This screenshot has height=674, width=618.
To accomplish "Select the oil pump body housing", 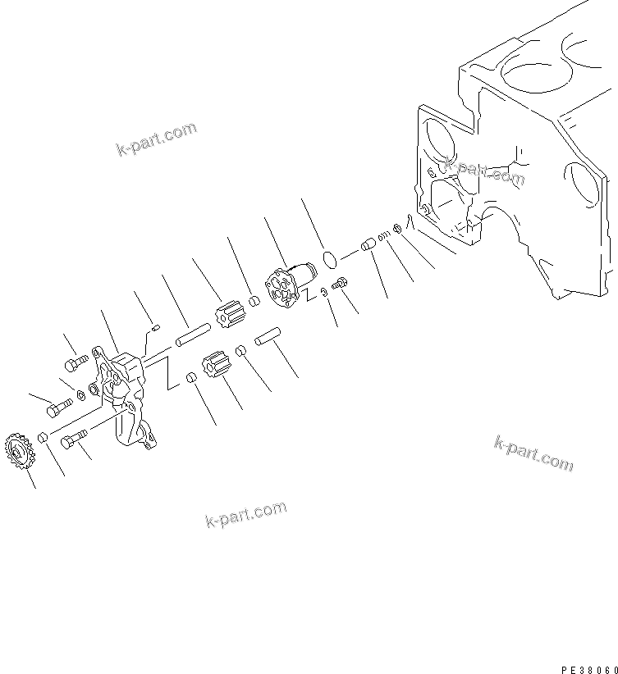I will [x=122, y=390].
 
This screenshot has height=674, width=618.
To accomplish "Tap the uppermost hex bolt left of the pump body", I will [x=74, y=362].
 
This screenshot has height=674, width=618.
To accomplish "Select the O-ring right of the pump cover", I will [x=330, y=260].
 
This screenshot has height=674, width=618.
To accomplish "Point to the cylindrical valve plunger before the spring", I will [x=368, y=244].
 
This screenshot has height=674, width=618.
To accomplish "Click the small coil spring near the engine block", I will [x=383, y=235].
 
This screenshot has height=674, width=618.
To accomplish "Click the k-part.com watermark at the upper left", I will [x=156, y=139].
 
